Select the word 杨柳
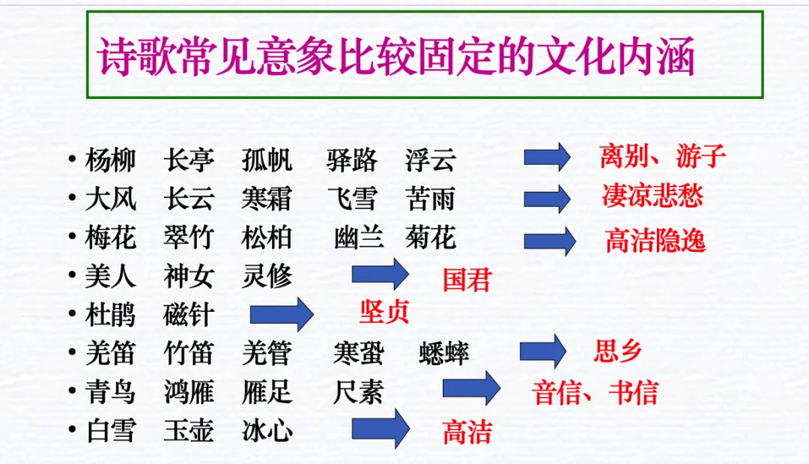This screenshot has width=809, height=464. pyautogui.click(x=110, y=160)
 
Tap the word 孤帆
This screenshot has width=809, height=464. pyautogui.click(x=267, y=160)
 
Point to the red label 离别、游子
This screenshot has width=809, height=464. pyautogui.click(x=662, y=157)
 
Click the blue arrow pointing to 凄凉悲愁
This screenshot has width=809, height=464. pyautogui.click(x=547, y=199)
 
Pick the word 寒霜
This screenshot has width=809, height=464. pyautogui.click(x=267, y=199)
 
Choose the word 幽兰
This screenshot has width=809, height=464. pyautogui.click(x=359, y=238)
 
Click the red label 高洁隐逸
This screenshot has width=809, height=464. pyautogui.click(x=655, y=241)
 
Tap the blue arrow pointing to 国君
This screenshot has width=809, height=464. pyautogui.click(x=381, y=274)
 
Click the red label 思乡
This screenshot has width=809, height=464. pyautogui.click(x=618, y=351)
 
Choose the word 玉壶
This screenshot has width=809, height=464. pyautogui.click(x=189, y=432)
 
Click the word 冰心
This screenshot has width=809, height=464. pyautogui.click(x=267, y=432)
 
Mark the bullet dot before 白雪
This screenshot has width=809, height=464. pyautogui.click(x=71, y=430)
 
